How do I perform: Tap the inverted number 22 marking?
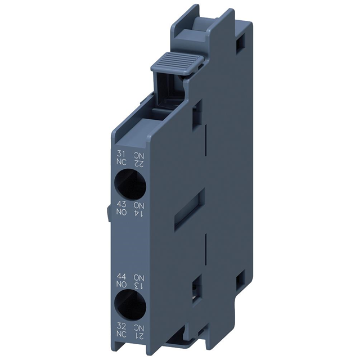point(138,163)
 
